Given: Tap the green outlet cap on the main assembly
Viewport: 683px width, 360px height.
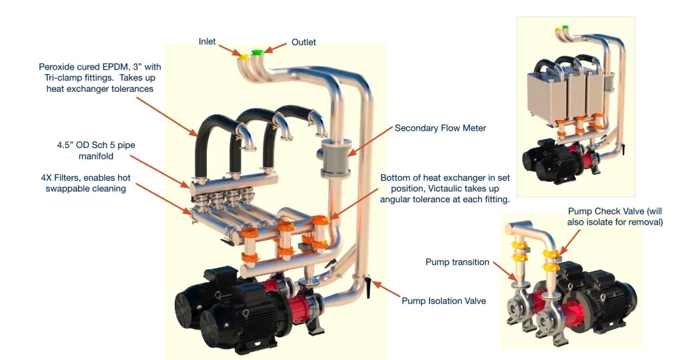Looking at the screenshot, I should pos(258,52).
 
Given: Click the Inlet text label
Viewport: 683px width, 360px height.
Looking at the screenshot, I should pos(207,41).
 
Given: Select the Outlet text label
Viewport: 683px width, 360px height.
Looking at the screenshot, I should pos(304,42).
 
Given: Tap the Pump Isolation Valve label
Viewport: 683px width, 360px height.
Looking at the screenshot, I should pos(444,301).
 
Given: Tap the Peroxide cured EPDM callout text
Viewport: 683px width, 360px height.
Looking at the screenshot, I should pos(96,77).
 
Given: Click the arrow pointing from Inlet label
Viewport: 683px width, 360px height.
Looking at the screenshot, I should pos(228,49).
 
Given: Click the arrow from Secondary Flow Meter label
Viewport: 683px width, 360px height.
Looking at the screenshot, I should pos(368,140).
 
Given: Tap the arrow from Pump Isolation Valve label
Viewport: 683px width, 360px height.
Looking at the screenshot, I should pos(385,290).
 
